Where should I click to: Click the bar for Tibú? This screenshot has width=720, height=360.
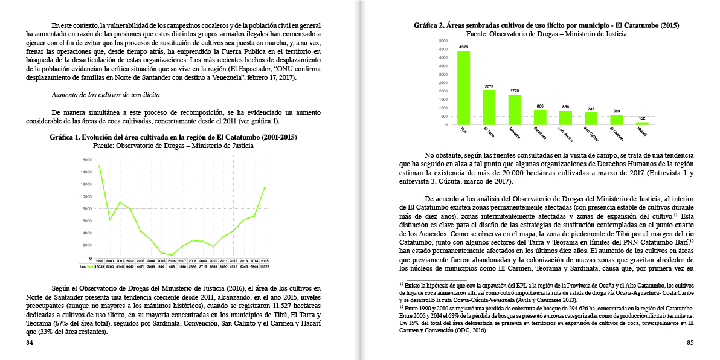[x=464, y=88]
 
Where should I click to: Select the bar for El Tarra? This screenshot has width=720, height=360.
[x=489, y=107]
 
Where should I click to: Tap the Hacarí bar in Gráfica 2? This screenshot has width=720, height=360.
[x=642, y=123]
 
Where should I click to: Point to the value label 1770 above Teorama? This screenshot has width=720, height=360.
[x=515, y=91]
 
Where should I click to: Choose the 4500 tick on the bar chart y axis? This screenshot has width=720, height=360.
[x=443, y=49]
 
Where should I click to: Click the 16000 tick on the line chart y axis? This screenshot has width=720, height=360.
[x=86, y=160]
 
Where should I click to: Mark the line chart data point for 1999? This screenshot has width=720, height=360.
[x=99, y=166]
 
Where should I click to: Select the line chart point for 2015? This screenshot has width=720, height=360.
[x=264, y=187]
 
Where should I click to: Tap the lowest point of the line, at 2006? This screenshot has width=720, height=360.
[x=172, y=254]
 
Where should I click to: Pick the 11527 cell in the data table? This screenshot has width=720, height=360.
[x=264, y=265]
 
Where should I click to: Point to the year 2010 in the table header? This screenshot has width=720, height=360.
[x=213, y=260]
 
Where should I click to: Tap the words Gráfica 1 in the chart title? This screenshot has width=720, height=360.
[x=66, y=137]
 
